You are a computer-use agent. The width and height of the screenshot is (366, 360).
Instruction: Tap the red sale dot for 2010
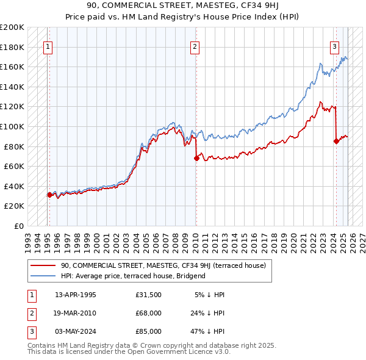(196, 158)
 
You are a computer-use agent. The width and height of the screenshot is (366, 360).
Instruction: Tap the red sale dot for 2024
(336, 141)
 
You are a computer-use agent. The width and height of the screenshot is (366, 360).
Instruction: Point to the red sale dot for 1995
(49, 195)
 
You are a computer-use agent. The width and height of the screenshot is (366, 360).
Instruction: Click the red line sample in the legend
(43, 265)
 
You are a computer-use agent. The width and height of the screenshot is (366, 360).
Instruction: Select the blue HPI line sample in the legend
(43, 276)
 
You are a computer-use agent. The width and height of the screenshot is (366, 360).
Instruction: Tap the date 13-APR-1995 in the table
(76, 295)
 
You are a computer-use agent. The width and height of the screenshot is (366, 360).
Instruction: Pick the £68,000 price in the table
(149, 313)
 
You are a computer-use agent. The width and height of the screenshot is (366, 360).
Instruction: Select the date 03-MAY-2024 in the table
(76, 331)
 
